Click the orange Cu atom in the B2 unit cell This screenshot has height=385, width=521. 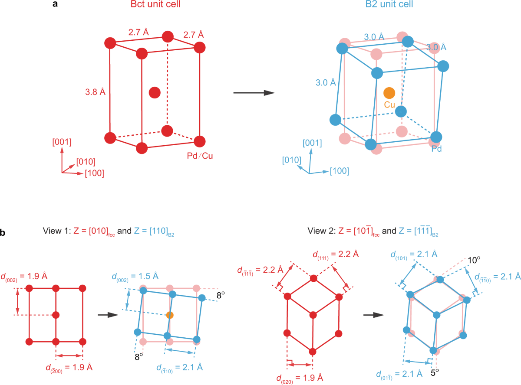tap(389, 92)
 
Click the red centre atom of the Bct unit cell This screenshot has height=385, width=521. tap(155, 92)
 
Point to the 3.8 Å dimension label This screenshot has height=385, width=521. tap(96, 92)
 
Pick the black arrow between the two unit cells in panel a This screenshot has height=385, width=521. tap(254, 93)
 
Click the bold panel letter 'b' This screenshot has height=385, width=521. tap(3, 234)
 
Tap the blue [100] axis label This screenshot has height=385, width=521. tap(339, 171)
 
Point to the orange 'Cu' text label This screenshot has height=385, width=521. tap(389, 104)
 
